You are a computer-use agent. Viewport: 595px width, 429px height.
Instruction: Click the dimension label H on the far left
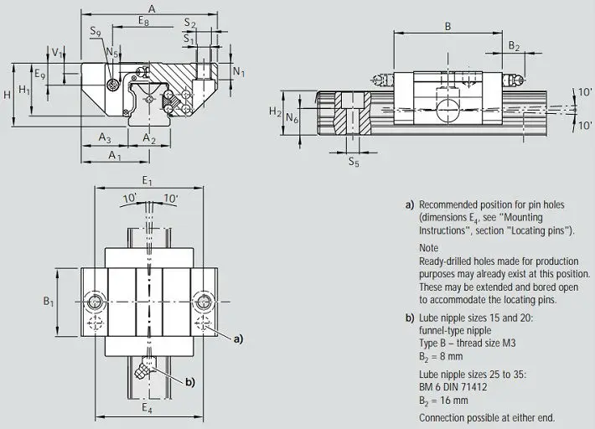[7, 95]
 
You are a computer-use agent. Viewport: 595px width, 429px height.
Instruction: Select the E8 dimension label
[144, 20]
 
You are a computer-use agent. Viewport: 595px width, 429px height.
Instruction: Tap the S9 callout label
[96, 32]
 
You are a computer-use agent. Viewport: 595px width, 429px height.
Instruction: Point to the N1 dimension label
[239, 71]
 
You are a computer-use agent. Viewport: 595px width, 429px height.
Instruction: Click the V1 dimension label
[57, 53]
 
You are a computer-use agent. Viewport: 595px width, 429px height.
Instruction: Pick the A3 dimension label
[105, 137]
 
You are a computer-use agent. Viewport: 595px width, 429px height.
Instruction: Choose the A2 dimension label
[149, 138]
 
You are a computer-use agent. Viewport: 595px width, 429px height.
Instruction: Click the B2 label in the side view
[514, 46]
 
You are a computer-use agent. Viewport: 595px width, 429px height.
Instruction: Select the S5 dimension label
[354, 162]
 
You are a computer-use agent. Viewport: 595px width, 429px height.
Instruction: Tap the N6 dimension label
[292, 118]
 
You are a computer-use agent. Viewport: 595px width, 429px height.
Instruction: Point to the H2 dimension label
[276, 111]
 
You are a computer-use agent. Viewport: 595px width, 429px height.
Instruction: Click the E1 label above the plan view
[147, 180]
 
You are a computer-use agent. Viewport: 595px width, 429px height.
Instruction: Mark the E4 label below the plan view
[147, 408]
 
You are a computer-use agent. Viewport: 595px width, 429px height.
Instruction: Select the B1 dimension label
[49, 302]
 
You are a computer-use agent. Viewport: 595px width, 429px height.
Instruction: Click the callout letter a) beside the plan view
[238, 339]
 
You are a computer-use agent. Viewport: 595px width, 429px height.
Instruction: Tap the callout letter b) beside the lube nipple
[190, 382]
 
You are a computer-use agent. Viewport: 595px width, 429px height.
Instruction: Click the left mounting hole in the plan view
[94, 302]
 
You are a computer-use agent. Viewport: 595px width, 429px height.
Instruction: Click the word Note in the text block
[429, 248]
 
